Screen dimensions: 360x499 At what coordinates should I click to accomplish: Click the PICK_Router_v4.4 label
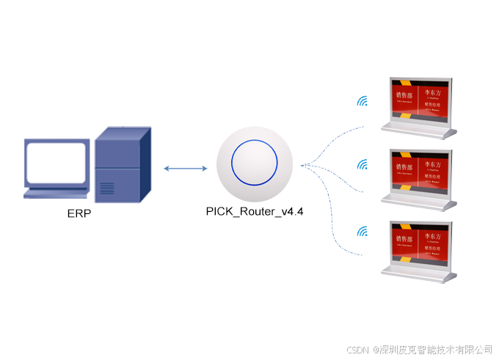click(x=255, y=211)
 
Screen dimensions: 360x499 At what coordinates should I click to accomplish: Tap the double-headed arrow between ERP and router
click(x=186, y=169)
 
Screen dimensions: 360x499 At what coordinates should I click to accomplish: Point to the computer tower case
click(x=122, y=165)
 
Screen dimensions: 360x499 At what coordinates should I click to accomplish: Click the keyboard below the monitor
click(x=59, y=194)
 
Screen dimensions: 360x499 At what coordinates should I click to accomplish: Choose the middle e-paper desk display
click(x=420, y=174)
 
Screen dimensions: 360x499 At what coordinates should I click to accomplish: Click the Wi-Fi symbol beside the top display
click(x=362, y=100)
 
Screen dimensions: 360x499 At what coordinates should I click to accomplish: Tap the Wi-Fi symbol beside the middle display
click(x=362, y=165)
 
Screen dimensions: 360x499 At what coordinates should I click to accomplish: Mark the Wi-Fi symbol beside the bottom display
click(x=362, y=232)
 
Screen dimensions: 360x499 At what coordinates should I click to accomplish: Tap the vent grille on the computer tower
click(x=107, y=188)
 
